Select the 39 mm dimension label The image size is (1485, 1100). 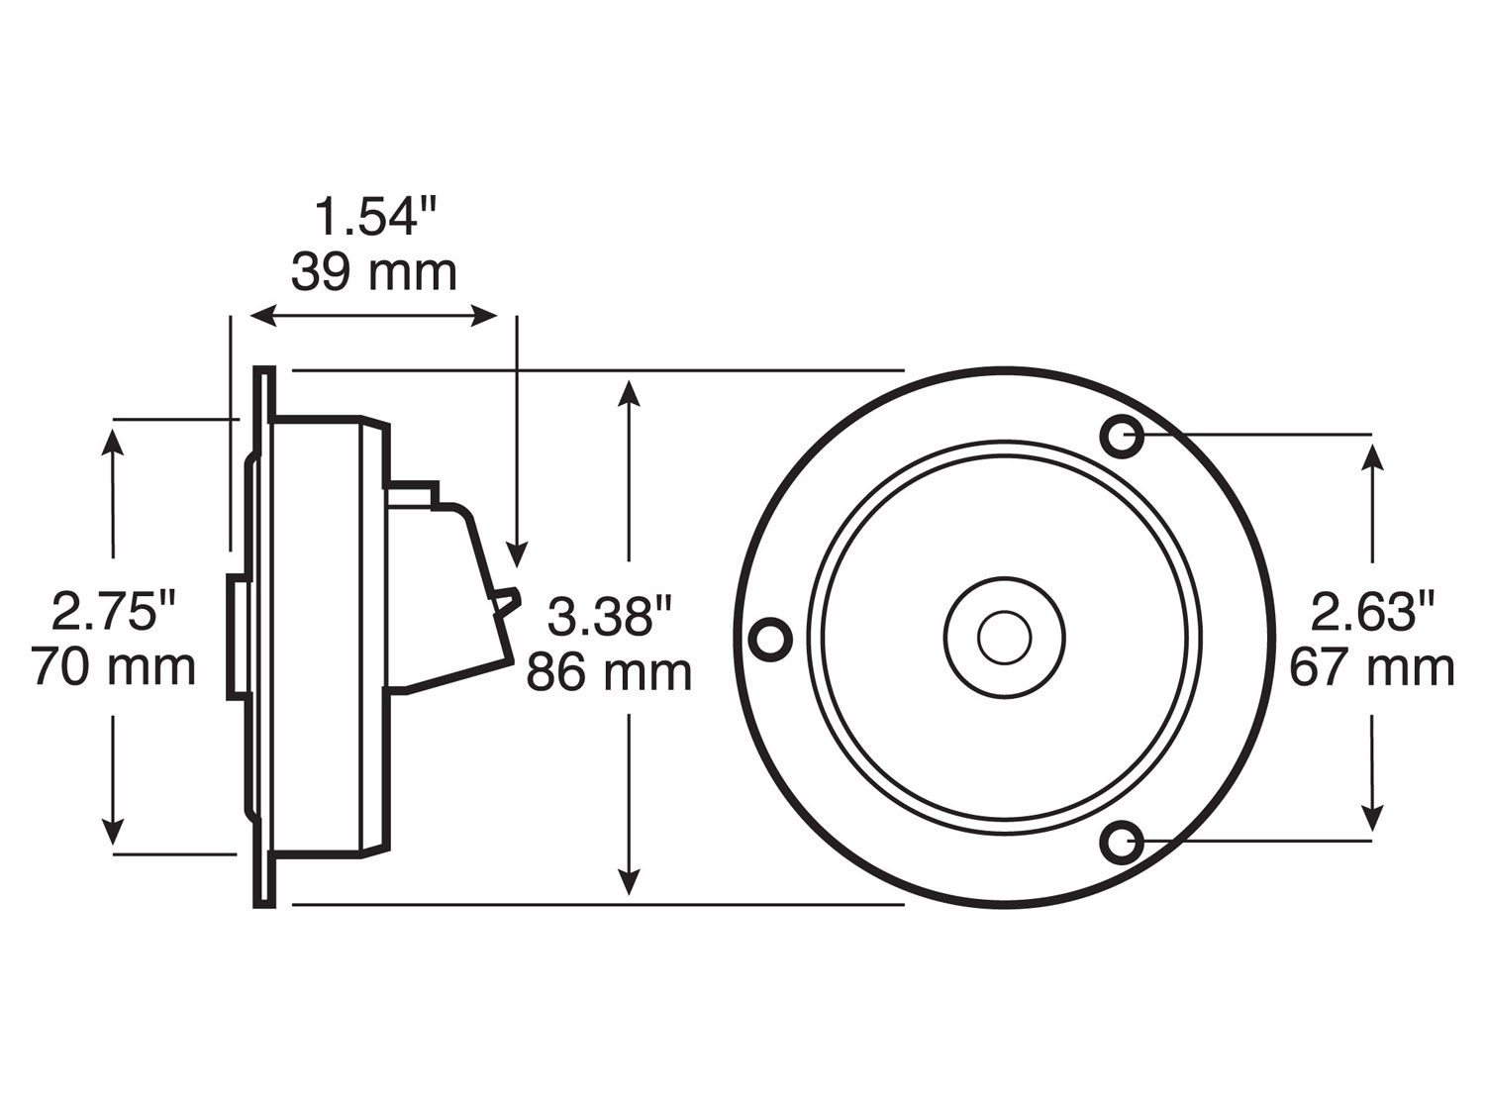pyautogui.click(x=374, y=272)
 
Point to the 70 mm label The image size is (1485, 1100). pyautogui.click(x=113, y=666)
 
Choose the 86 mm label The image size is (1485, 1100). pyautogui.click(x=609, y=672)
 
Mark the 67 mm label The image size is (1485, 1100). pyautogui.click(x=1372, y=667)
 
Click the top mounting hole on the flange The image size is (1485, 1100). pyautogui.click(x=1123, y=435)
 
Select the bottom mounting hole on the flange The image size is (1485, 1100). pyautogui.click(x=1123, y=843)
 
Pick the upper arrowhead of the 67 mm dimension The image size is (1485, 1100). pyautogui.click(x=1372, y=457)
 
